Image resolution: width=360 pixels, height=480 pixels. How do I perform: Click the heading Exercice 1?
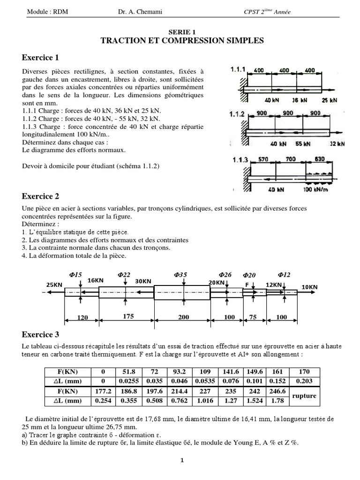point(41,58)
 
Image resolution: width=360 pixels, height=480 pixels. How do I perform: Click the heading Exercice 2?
point(41,196)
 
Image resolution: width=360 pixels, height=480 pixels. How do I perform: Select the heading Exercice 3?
point(41,334)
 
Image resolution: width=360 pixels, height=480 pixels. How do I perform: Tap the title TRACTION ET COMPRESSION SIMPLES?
point(182,41)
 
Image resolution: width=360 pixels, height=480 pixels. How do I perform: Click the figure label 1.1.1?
point(239,69)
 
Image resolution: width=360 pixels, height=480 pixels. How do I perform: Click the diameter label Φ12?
point(284,274)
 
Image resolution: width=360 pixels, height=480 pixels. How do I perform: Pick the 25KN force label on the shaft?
point(54,285)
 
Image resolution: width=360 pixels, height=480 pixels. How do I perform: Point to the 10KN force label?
point(309,286)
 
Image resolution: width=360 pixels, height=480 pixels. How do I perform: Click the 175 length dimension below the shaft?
point(128,316)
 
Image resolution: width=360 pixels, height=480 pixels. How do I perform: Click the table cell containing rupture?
point(304,396)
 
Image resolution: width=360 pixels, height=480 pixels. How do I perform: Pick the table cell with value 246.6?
point(277,391)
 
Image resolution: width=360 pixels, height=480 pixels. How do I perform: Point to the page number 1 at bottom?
point(182,460)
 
